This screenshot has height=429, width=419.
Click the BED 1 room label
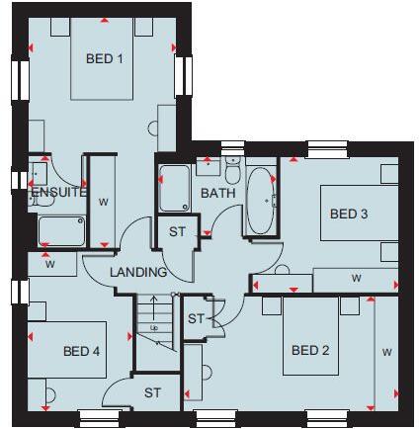104,58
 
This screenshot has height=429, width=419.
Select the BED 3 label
348,214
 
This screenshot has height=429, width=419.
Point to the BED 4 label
82,350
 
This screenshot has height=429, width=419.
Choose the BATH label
218,193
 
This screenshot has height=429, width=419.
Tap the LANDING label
137,272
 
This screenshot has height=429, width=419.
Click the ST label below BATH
177,231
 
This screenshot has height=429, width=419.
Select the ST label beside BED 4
152,392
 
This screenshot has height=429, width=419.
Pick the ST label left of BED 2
195,318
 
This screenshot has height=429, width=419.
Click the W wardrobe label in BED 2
386,351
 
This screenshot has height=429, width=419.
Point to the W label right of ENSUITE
104,201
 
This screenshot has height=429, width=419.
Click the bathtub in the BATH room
262,202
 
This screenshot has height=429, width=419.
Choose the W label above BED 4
48,264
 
